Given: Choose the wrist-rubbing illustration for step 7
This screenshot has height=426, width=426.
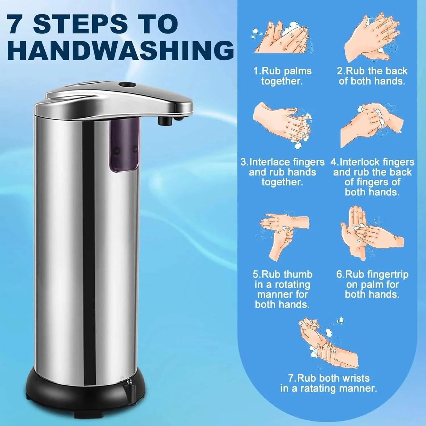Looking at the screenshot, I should [x=327, y=341].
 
